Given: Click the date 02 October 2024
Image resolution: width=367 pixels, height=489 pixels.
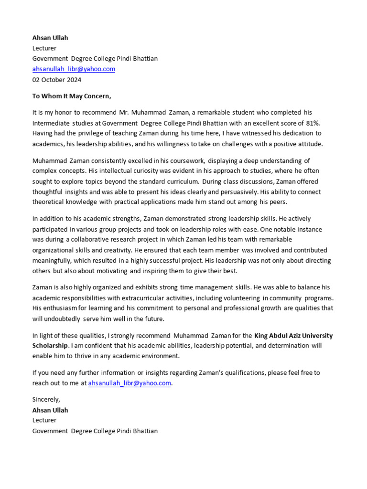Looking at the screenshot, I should coord(56,80).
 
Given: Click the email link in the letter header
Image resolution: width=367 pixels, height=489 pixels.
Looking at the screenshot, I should coord(74,69).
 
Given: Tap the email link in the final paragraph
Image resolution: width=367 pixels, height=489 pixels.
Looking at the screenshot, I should coord(130,383).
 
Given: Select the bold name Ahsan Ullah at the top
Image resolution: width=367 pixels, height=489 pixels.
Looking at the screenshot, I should coord(50,38).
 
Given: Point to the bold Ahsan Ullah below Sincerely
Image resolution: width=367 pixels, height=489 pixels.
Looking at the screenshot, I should coord(50,410).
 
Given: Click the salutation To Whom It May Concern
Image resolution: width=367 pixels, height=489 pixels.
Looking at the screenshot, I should coord(72,96).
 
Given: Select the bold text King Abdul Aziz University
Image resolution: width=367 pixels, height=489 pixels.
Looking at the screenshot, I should coord(293,336).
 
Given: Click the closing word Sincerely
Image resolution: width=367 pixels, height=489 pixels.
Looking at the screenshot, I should coord(46,400).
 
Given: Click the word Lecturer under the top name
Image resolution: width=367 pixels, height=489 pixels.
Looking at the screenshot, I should coord(44,48).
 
